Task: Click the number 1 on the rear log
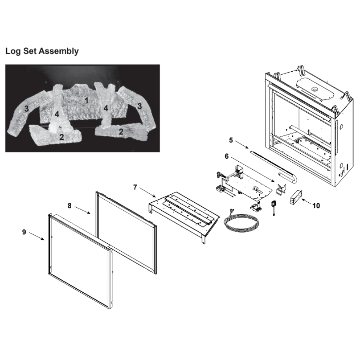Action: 86,100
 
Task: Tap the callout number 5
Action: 231,140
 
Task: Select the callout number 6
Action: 226,156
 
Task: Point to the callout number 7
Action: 135,187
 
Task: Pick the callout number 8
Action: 69,206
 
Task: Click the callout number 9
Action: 24,232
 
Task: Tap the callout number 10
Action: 316,206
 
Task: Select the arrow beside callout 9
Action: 36,236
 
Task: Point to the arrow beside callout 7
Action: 148,192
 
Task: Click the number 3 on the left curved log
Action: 27,108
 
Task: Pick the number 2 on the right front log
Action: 121,131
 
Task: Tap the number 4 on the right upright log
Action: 105,108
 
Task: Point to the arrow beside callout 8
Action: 82,210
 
